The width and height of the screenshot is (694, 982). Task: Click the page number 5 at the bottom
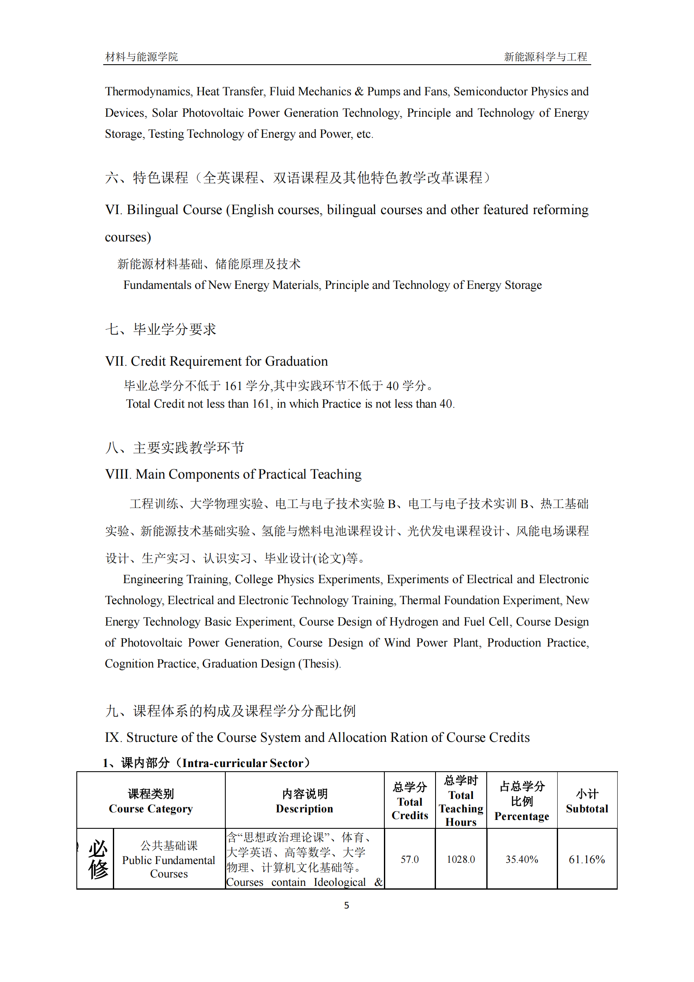[347, 905]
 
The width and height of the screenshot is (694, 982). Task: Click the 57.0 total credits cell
[410, 859]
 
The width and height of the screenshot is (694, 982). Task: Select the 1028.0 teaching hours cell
[461, 859]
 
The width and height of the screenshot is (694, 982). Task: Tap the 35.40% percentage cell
[522, 859]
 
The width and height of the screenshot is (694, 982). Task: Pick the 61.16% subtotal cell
[587, 859]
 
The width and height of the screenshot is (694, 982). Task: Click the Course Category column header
[151, 801]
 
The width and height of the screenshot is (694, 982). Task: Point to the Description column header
[304, 801]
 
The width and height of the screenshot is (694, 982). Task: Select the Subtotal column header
[587, 801]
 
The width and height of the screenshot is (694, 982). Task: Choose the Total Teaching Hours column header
[461, 801]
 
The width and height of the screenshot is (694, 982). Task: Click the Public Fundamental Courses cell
[169, 860]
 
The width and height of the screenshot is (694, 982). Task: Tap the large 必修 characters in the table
[98, 859]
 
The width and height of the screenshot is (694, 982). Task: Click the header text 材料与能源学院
[141, 56]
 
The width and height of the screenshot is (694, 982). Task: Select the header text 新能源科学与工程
[545, 56]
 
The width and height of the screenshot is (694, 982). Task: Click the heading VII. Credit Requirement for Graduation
[216, 361]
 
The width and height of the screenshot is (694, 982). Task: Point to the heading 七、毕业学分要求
[161, 329]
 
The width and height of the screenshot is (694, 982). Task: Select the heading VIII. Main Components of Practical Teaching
[233, 474]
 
